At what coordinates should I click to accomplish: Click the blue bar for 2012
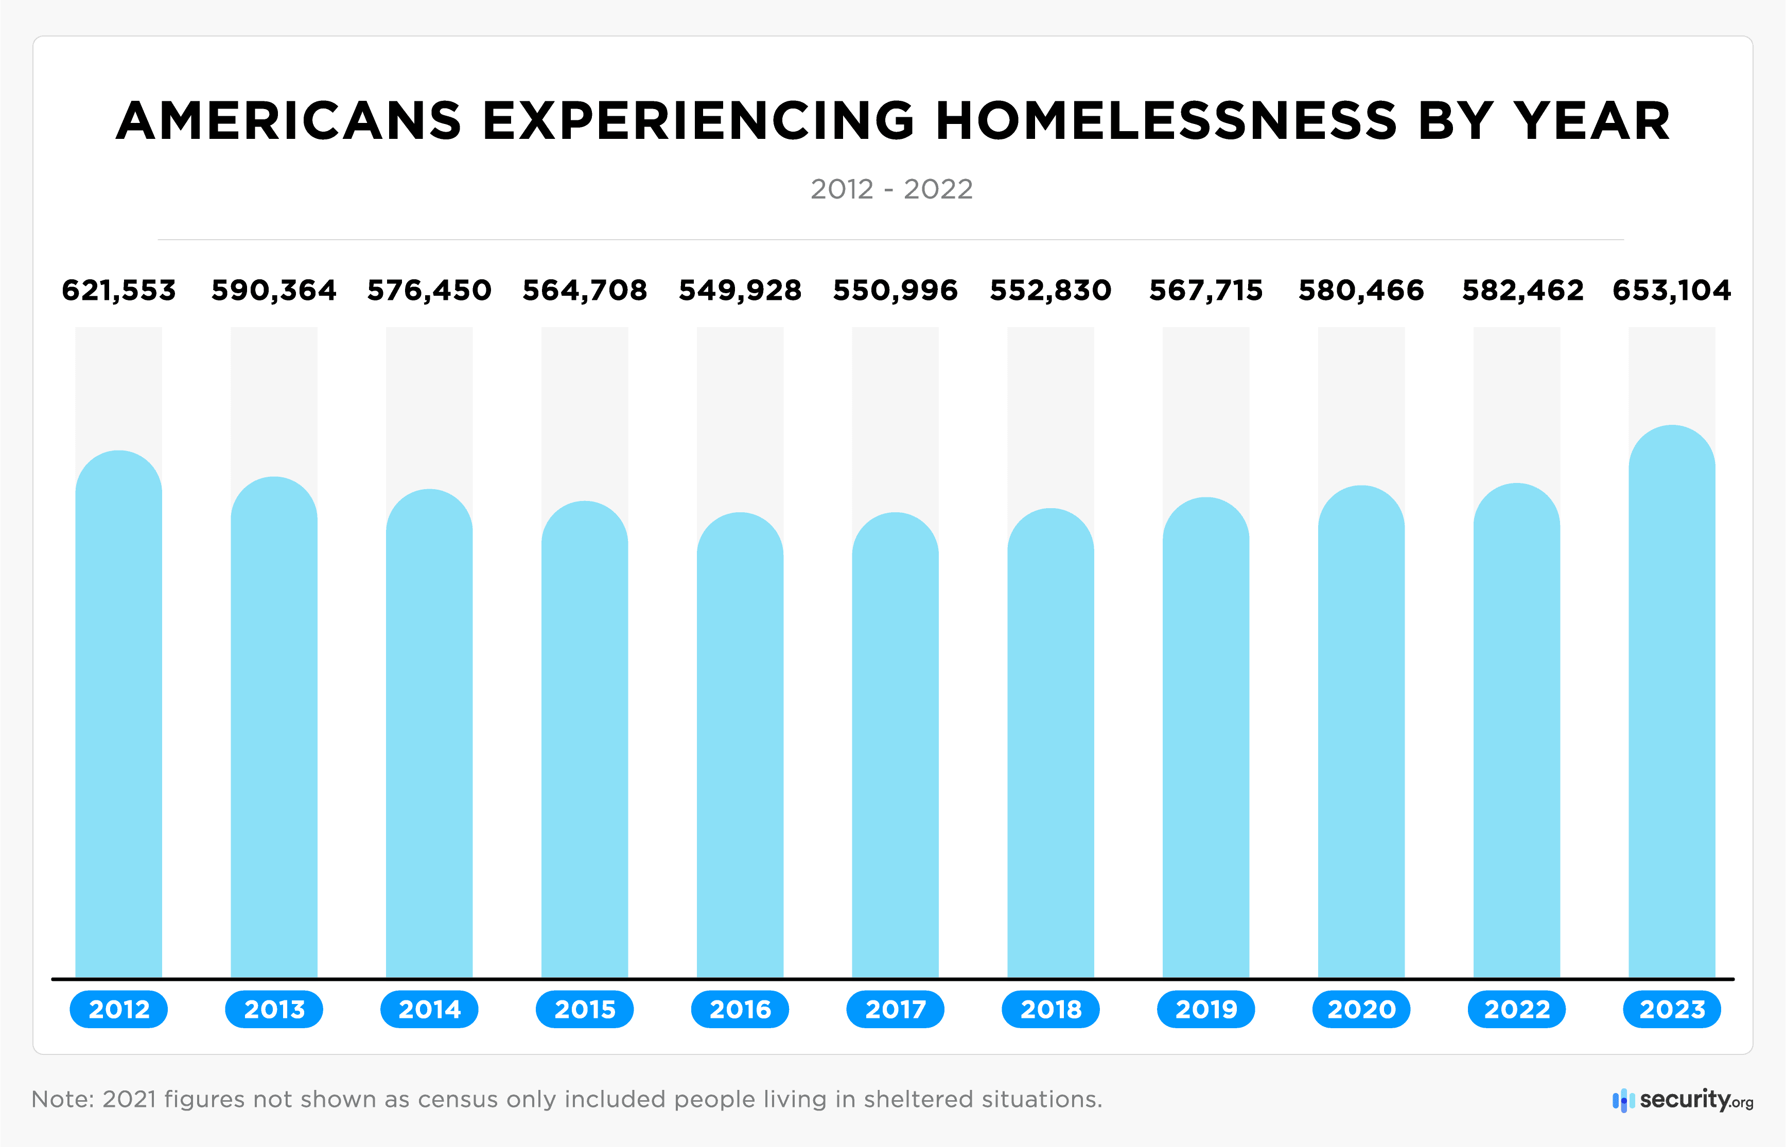tap(118, 715)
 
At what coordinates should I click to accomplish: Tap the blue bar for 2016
tap(740, 745)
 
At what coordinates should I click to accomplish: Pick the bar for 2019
tap(1205, 738)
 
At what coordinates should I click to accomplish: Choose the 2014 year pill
tap(429, 1009)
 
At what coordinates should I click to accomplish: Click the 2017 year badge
tap(895, 1009)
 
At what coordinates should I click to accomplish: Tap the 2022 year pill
tap(1516, 1009)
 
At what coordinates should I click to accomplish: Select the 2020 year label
tap(1361, 1009)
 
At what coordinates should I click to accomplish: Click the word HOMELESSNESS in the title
tap(1166, 121)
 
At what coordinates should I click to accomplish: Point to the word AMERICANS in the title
tap(289, 121)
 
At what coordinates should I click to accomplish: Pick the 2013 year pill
tap(274, 1009)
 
